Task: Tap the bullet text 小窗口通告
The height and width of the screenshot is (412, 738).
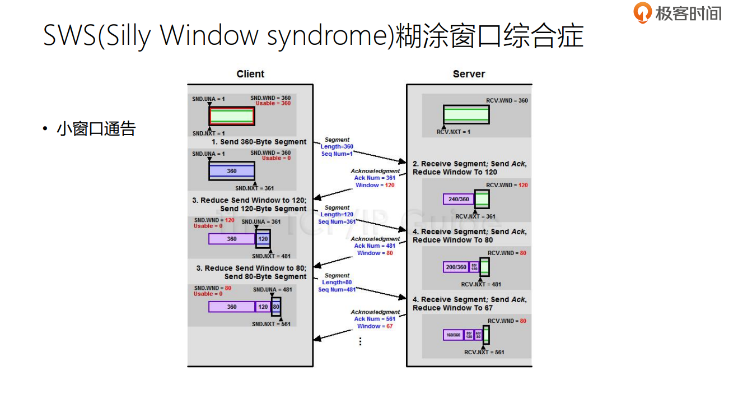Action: [96, 129]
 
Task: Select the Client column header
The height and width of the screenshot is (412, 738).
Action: [250, 74]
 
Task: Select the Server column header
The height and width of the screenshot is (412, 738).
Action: [469, 74]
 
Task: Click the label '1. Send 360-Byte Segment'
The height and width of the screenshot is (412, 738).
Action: [259, 142]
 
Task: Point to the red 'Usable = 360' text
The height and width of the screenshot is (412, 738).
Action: [273, 104]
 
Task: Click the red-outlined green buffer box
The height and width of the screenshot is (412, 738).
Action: [232, 117]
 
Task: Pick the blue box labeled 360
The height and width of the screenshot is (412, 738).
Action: [231, 171]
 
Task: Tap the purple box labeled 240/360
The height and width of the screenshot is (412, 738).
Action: [459, 199]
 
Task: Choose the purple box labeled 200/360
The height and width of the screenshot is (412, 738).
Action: [456, 267]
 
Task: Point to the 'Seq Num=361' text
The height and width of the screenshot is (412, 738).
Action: [337, 221]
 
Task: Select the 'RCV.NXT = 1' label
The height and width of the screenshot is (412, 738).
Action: [454, 132]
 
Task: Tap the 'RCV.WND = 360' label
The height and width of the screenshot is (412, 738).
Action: [507, 101]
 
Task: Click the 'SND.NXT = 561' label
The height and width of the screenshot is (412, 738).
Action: [271, 324]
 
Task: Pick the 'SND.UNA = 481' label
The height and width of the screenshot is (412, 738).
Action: [272, 290]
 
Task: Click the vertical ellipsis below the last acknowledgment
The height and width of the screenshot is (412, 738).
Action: [360, 341]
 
